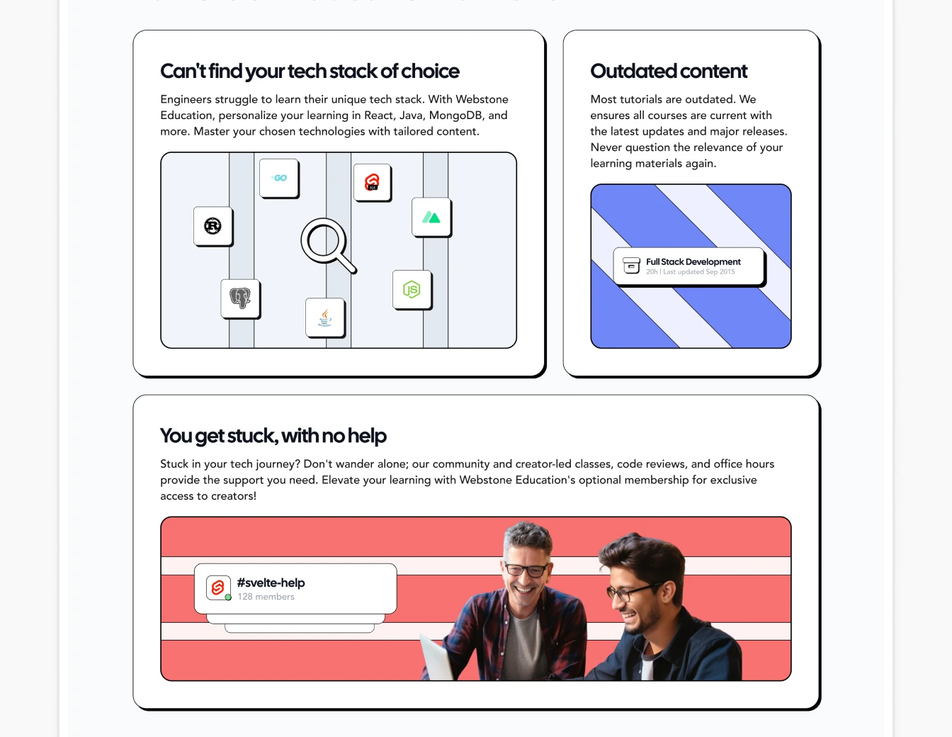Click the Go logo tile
pyautogui.click(x=279, y=179)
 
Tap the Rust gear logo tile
pyautogui.click(x=213, y=226)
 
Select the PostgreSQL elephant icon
pyautogui.click(x=240, y=298)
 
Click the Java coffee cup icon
pyautogui.click(x=325, y=317)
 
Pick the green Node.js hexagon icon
pyautogui.click(x=412, y=290)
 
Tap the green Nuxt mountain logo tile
pyautogui.click(x=431, y=218)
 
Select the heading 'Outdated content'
pyautogui.click(x=669, y=71)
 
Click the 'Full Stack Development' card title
pyautogui.click(x=693, y=261)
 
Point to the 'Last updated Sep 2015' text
pyautogui.click(x=699, y=271)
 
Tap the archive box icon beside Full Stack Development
pyautogui.click(x=631, y=266)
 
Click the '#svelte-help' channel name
pyautogui.click(x=271, y=583)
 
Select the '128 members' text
pyautogui.click(x=266, y=597)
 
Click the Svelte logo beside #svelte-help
pyautogui.click(x=218, y=587)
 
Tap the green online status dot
pyautogui.click(x=228, y=597)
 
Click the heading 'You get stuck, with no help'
pyautogui.click(x=273, y=436)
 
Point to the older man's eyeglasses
pyautogui.click(x=526, y=570)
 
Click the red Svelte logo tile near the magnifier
pyautogui.click(x=373, y=182)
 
